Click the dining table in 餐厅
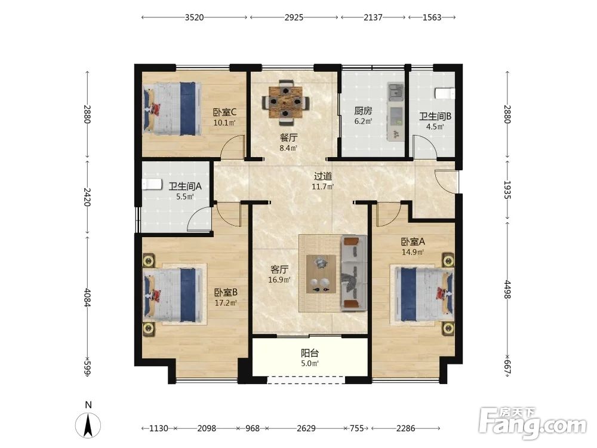(x=286, y=102)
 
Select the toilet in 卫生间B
(x=445, y=93)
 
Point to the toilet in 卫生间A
(x=152, y=184)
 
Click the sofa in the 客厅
(x=354, y=273)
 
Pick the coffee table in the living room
(x=321, y=274)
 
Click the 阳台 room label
(x=309, y=353)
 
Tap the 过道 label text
(x=323, y=176)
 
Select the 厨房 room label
(x=363, y=111)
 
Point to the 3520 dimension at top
(x=194, y=17)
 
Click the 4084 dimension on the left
(x=88, y=297)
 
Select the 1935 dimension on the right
(x=507, y=190)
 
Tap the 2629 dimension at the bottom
(x=306, y=428)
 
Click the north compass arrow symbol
(x=88, y=425)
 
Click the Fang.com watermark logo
(x=533, y=423)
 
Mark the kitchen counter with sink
(x=396, y=111)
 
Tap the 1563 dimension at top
(x=432, y=17)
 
